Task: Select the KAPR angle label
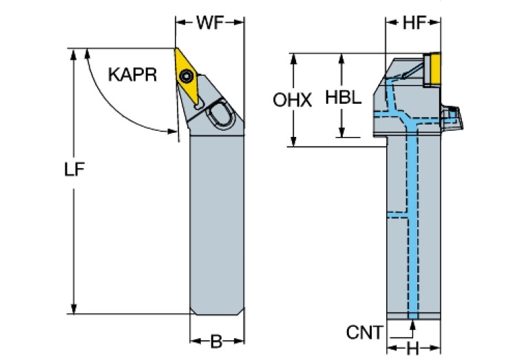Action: pyautogui.click(x=132, y=74)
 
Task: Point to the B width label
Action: pyautogui.click(x=216, y=341)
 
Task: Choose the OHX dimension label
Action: pyautogui.click(x=292, y=100)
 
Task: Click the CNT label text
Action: pyautogui.click(x=364, y=333)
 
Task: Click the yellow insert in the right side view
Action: pyautogui.click(x=433, y=69)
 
